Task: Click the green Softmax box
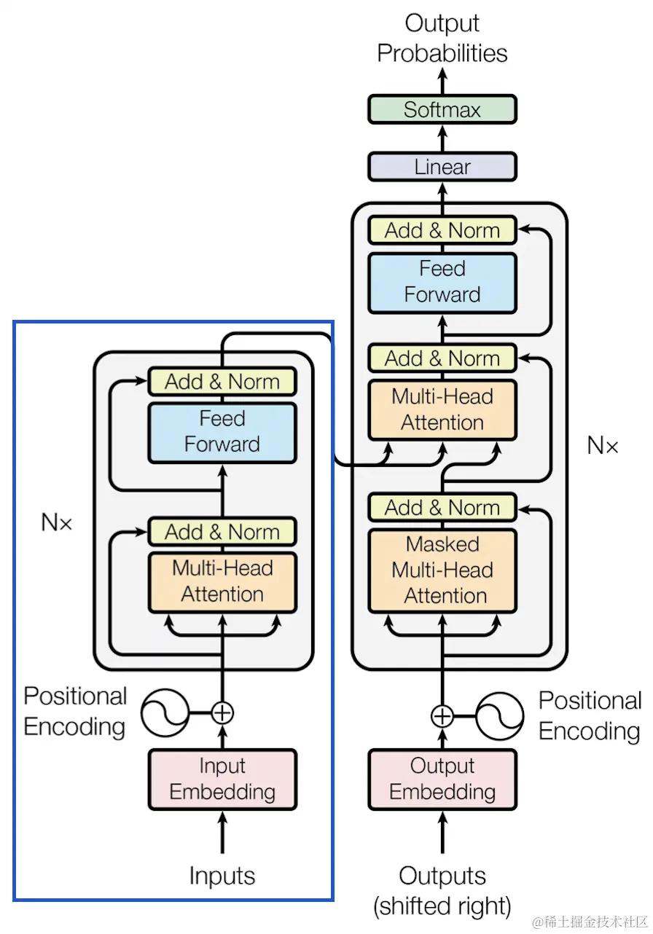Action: [442, 110]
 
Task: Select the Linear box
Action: [442, 167]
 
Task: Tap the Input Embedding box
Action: [222, 779]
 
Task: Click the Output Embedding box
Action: [442, 779]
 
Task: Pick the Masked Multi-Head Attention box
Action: [442, 570]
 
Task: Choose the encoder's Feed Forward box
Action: [222, 432]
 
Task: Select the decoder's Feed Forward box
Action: [442, 282]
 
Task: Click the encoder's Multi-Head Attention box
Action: [222, 581]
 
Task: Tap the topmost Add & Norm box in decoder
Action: [442, 230]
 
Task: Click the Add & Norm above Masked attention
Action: [442, 507]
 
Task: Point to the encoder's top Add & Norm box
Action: [222, 381]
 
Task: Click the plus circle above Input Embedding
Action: [222, 712]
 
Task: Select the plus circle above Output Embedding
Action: [442, 715]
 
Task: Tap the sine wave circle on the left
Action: [165, 713]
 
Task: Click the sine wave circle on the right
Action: [500, 715]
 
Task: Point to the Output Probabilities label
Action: [442, 38]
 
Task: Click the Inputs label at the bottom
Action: [222, 876]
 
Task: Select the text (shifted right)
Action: [442, 907]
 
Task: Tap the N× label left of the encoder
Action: [57, 522]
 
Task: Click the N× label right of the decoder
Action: [603, 446]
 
